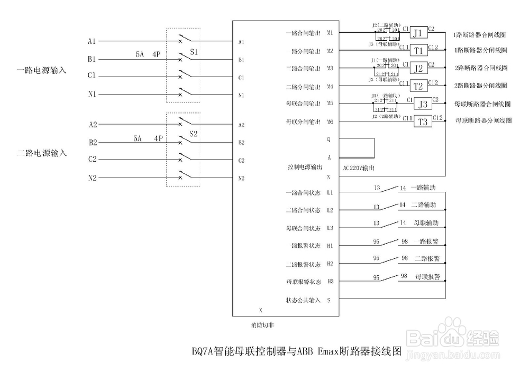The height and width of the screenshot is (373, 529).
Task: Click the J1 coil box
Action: click(x=418, y=33)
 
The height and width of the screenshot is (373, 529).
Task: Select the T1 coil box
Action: click(x=418, y=51)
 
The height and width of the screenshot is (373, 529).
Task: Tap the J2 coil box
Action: click(x=418, y=68)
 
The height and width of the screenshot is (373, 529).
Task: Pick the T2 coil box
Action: click(x=418, y=86)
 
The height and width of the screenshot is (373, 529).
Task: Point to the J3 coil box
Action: click(x=422, y=104)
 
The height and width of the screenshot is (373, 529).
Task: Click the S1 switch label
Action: click(x=194, y=53)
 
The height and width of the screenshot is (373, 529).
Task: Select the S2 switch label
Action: click(x=194, y=134)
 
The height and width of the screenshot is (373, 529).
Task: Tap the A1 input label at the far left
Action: click(x=92, y=41)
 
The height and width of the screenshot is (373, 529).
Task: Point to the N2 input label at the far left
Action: click(x=92, y=178)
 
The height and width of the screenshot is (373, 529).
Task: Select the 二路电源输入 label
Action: click(x=42, y=153)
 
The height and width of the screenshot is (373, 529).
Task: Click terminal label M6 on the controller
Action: click(x=330, y=122)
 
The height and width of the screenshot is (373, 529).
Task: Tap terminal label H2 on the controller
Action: click(x=330, y=264)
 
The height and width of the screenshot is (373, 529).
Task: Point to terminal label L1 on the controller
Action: click(x=330, y=193)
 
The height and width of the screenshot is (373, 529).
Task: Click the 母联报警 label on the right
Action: click(x=428, y=276)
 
